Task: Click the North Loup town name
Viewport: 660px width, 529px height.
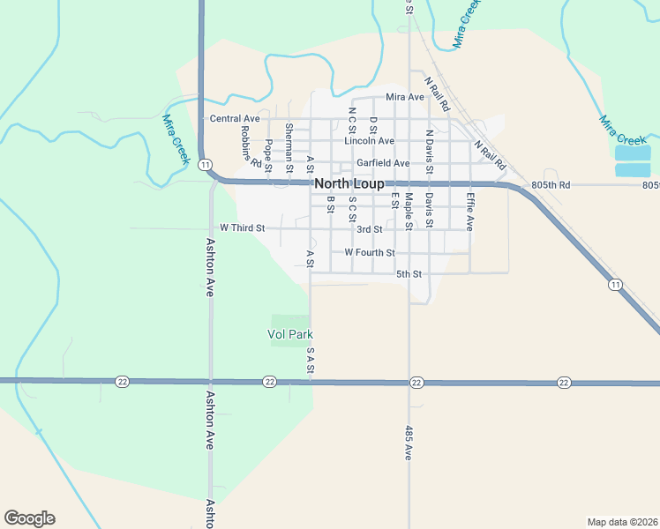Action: click(349, 183)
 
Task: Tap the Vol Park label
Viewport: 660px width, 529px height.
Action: click(290, 334)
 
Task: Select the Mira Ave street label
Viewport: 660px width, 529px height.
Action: click(405, 97)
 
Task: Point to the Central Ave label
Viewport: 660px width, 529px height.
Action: click(235, 118)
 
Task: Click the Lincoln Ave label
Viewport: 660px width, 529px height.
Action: click(369, 140)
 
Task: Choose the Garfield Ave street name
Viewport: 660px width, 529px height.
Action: click(383, 163)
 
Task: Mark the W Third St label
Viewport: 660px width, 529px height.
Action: click(242, 227)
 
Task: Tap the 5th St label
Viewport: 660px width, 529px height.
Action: click(409, 274)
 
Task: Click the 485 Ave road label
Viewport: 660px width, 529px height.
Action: click(409, 443)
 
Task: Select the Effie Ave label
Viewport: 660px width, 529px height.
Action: click(470, 212)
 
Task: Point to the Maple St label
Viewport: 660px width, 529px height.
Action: click(409, 212)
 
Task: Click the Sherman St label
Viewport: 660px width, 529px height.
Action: click(289, 142)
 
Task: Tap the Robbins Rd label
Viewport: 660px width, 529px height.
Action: click(250, 145)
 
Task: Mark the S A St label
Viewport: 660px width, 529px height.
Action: click(311, 361)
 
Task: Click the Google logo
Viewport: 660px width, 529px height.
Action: click(29, 518)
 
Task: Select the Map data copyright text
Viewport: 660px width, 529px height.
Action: click(621, 521)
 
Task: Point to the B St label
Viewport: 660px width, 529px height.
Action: click(331, 205)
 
